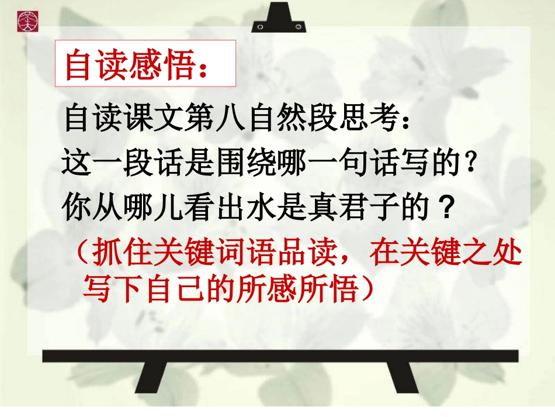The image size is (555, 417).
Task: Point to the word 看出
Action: point(216,208)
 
